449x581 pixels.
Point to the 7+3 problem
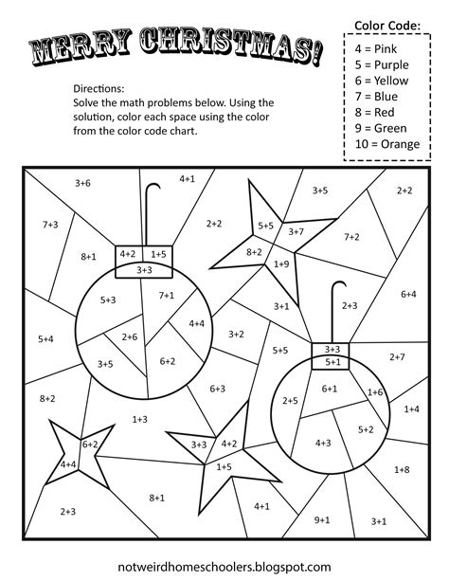pyautogui.click(x=50, y=224)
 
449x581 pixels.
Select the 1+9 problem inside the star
pyautogui.click(x=280, y=263)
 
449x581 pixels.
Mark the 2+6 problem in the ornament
pyautogui.click(x=129, y=336)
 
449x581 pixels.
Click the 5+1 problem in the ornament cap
pyautogui.click(x=332, y=361)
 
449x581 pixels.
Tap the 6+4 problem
pyautogui.click(x=408, y=294)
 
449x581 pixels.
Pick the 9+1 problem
pyautogui.click(x=322, y=519)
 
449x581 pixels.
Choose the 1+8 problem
pyautogui.click(x=401, y=469)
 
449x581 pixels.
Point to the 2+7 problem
pyautogui.click(x=397, y=356)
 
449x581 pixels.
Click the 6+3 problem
pyautogui.click(x=217, y=388)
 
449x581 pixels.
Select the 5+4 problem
pyautogui.click(x=45, y=338)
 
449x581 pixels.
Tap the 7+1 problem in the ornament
pyautogui.click(x=167, y=295)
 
